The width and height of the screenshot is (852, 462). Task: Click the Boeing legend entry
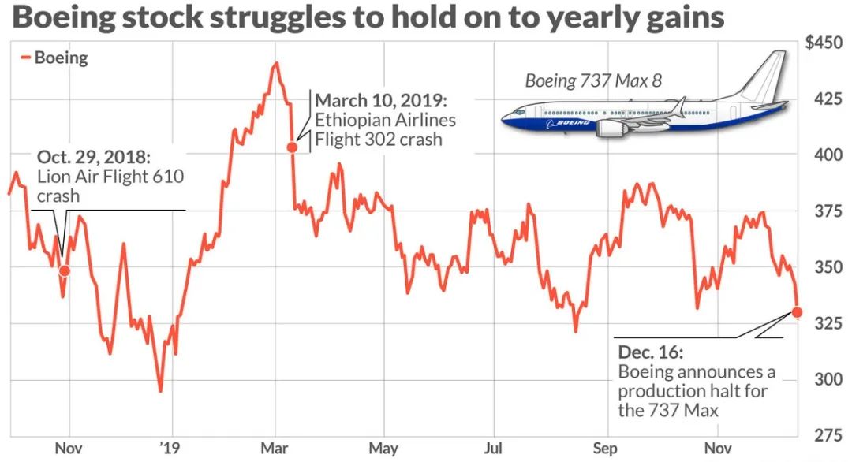coord(59,58)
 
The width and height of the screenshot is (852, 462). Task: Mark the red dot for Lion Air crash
coord(65,270)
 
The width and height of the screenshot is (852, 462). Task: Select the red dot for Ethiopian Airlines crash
coord(292,147)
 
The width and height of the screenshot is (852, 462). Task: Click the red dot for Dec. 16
coord(797,312)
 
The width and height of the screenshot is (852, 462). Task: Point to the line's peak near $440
coord(275,64)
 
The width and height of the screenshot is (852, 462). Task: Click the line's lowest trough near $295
coord(160,390)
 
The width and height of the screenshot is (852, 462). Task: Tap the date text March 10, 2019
coord(381,102)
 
